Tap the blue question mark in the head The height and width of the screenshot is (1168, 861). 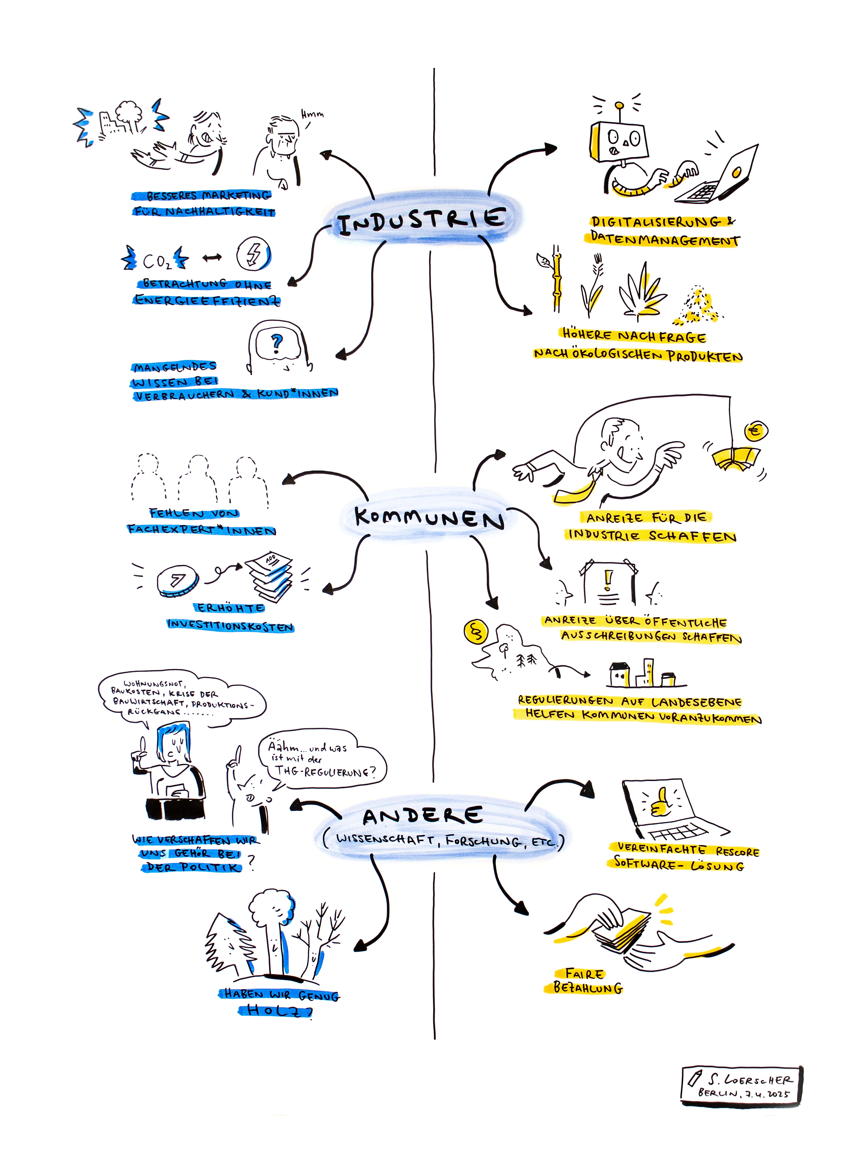point(277,343)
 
